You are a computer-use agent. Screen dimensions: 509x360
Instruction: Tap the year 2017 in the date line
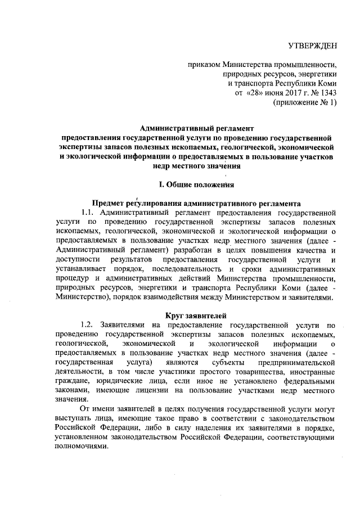(289, 92)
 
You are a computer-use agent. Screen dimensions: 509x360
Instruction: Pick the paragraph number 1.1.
(90, 213)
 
